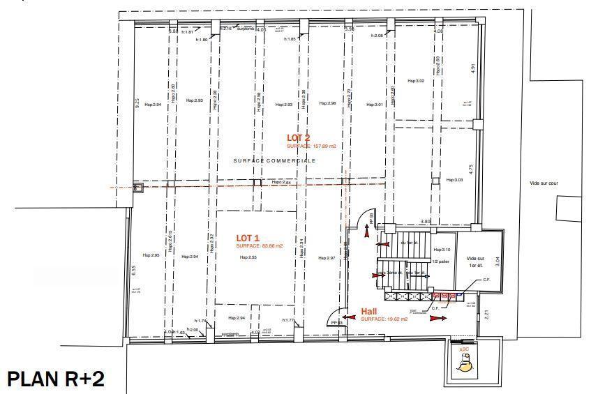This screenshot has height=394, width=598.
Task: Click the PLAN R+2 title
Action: tap(56, 379)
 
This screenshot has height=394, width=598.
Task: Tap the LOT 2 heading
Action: tap(298, 138)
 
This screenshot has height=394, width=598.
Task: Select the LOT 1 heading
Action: tap(248, 238)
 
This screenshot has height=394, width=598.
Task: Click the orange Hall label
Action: tap(369, 311)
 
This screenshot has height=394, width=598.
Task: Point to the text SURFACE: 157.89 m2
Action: tap(311, 146)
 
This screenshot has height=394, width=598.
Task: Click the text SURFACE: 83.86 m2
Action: tap(259, 246)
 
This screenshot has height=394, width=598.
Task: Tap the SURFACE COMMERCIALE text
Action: tap(274, 160)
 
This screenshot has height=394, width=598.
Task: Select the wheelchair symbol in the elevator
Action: tap(464, 361)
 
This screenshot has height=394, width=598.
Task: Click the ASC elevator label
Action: tap(463, 349)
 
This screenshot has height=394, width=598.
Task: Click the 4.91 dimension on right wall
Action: tap(472, 68)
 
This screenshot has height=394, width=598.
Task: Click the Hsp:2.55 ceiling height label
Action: tap(248, 257)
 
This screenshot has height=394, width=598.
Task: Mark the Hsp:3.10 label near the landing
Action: tap(441, 249)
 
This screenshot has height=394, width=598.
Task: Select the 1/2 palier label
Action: tap(440, 262)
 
